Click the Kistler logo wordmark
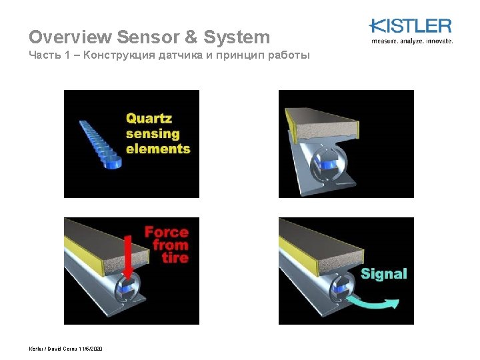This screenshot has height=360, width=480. point(411,27)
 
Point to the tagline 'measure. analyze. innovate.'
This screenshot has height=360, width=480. point(411,41)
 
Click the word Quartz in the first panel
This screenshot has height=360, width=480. point(149,119)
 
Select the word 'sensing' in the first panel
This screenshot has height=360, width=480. point(153,133)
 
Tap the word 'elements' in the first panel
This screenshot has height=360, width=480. point(158,148)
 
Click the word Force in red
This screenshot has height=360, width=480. point(167,232)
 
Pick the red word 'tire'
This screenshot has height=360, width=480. point(175,257)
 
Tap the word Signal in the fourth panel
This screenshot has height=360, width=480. point(383,273)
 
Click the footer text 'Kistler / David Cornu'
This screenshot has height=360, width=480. point(53,349)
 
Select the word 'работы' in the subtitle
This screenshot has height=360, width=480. point(288,55)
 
